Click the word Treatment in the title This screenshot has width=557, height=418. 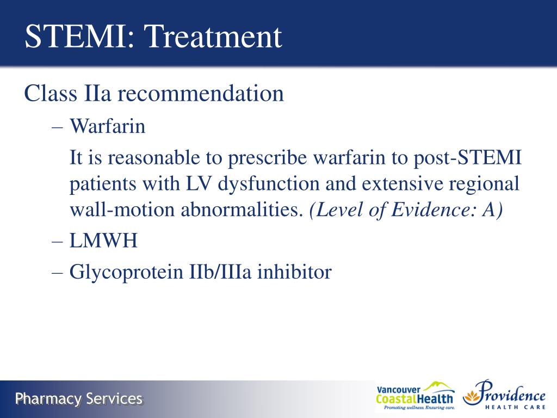tap(215, 36)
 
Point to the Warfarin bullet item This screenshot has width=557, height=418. tap(107, 127)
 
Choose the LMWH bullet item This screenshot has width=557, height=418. tap(103, 241)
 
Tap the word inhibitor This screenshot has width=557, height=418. tap(294, 272)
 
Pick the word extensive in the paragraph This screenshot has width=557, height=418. tap(401, 184)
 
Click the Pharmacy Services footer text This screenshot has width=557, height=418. tap(79, 399)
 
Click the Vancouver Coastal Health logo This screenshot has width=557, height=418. tap(414, 396)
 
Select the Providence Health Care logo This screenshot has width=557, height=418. tap(504, 396)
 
